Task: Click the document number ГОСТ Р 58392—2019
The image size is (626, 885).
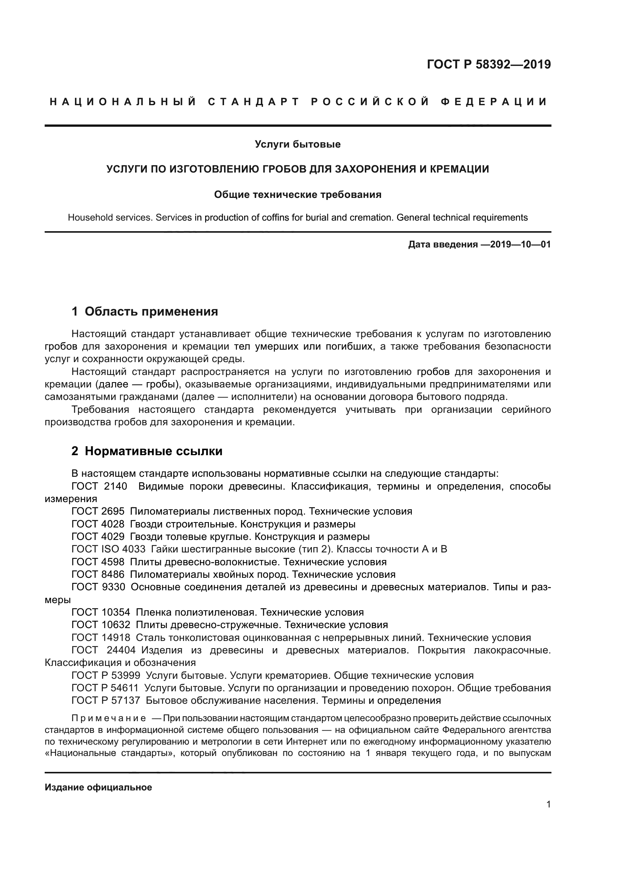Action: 488,64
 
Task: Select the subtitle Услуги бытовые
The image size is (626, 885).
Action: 297,145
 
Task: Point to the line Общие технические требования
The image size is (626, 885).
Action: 297,194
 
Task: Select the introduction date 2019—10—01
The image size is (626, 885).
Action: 520,244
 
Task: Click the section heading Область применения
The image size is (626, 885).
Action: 151,311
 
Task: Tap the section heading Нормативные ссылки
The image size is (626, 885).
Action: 153,451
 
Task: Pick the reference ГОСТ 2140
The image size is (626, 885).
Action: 99,486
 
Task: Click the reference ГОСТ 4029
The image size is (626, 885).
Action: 98,537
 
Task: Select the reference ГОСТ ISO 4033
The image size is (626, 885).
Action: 108,549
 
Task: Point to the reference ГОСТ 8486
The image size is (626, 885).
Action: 98,574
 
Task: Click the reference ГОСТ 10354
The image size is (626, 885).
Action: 101,612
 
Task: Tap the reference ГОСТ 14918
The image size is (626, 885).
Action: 101,638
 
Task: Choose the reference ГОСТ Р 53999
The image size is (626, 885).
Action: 106,675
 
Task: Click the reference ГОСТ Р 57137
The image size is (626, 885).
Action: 106,700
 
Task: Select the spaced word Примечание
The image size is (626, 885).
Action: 109,718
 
